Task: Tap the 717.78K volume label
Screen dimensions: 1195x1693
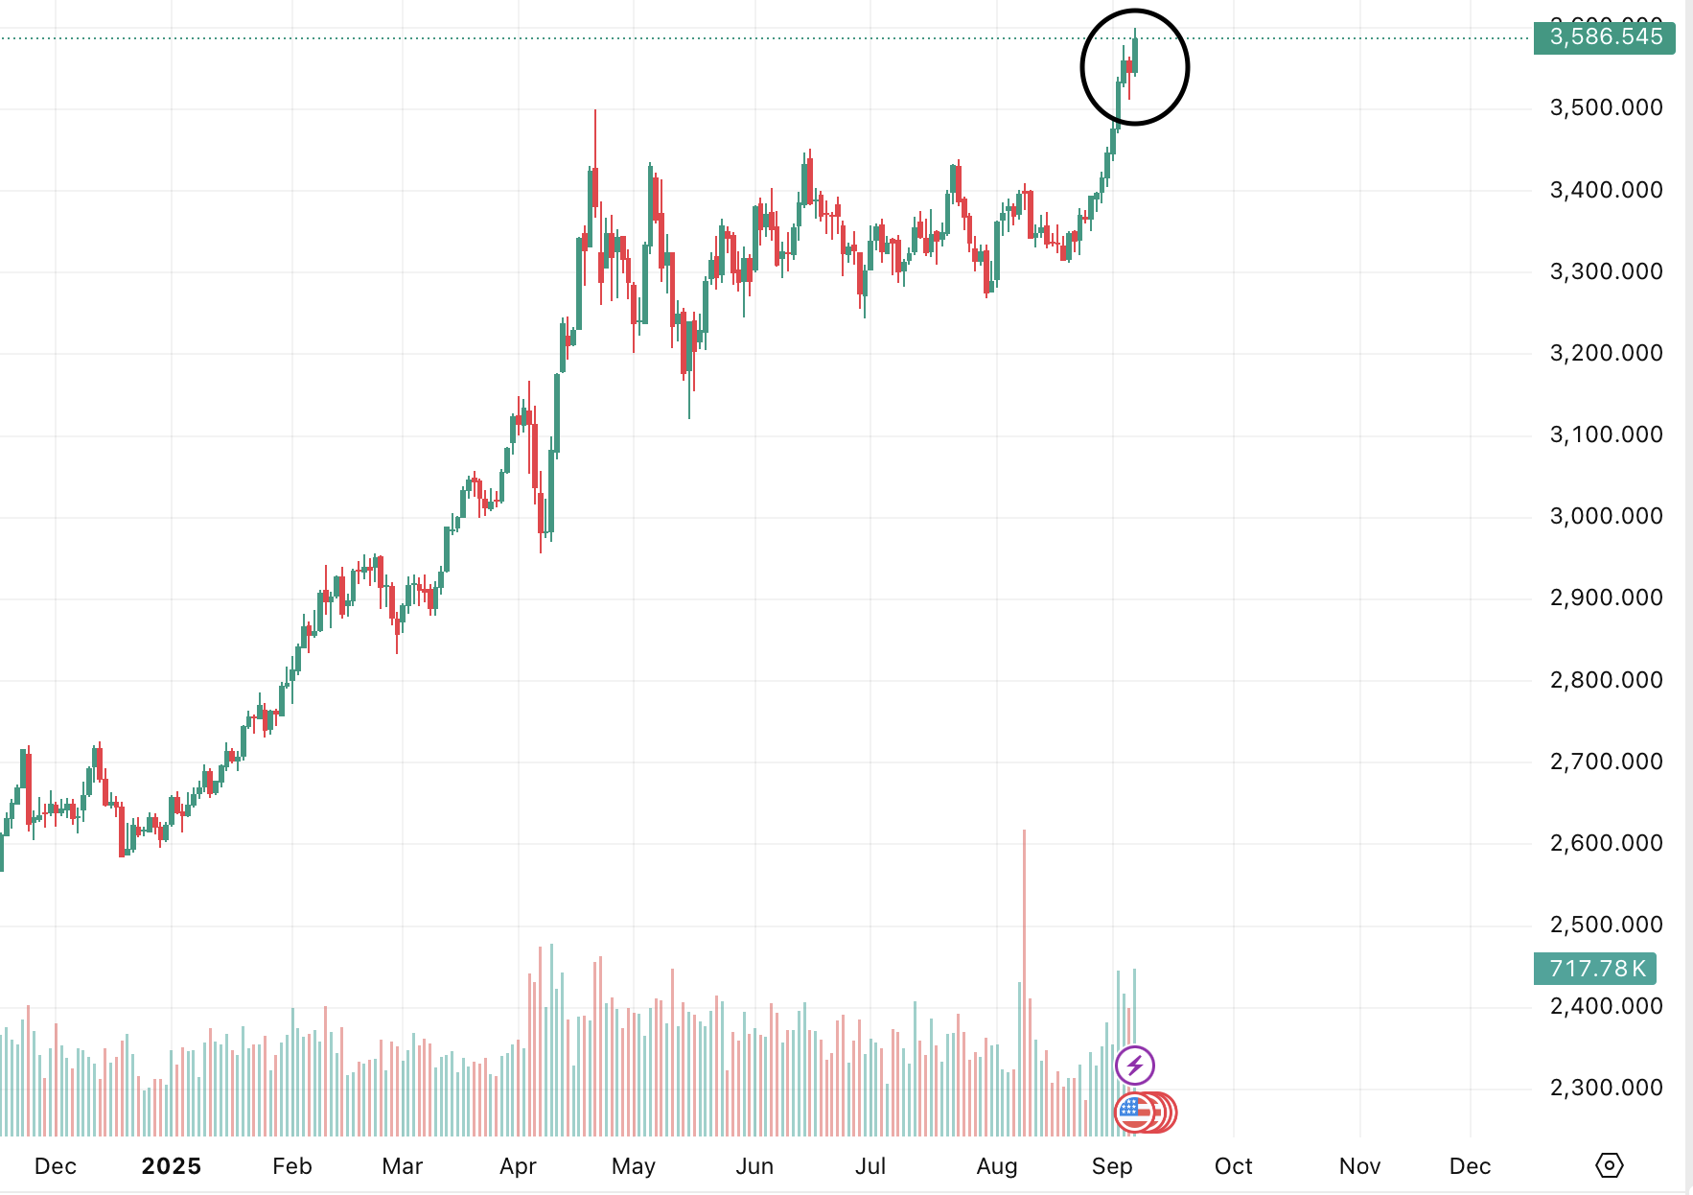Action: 1595,969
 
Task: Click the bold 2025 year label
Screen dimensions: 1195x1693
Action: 171,1166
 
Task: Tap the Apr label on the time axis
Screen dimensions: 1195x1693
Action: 518,1166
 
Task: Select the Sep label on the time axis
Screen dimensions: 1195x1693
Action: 1112,1166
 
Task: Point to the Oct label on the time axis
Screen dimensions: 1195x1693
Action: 1233,1166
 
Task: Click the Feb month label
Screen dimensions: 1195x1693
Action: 291,1166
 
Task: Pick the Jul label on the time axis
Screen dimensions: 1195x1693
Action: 870,1166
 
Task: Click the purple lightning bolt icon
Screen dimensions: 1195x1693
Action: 1135,1065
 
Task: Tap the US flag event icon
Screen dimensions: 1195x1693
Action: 1134,1113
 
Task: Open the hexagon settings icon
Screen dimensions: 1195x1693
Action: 1609,1165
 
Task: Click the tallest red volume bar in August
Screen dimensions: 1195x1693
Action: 1024,978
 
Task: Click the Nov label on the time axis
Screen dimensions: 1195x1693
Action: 1359,1166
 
